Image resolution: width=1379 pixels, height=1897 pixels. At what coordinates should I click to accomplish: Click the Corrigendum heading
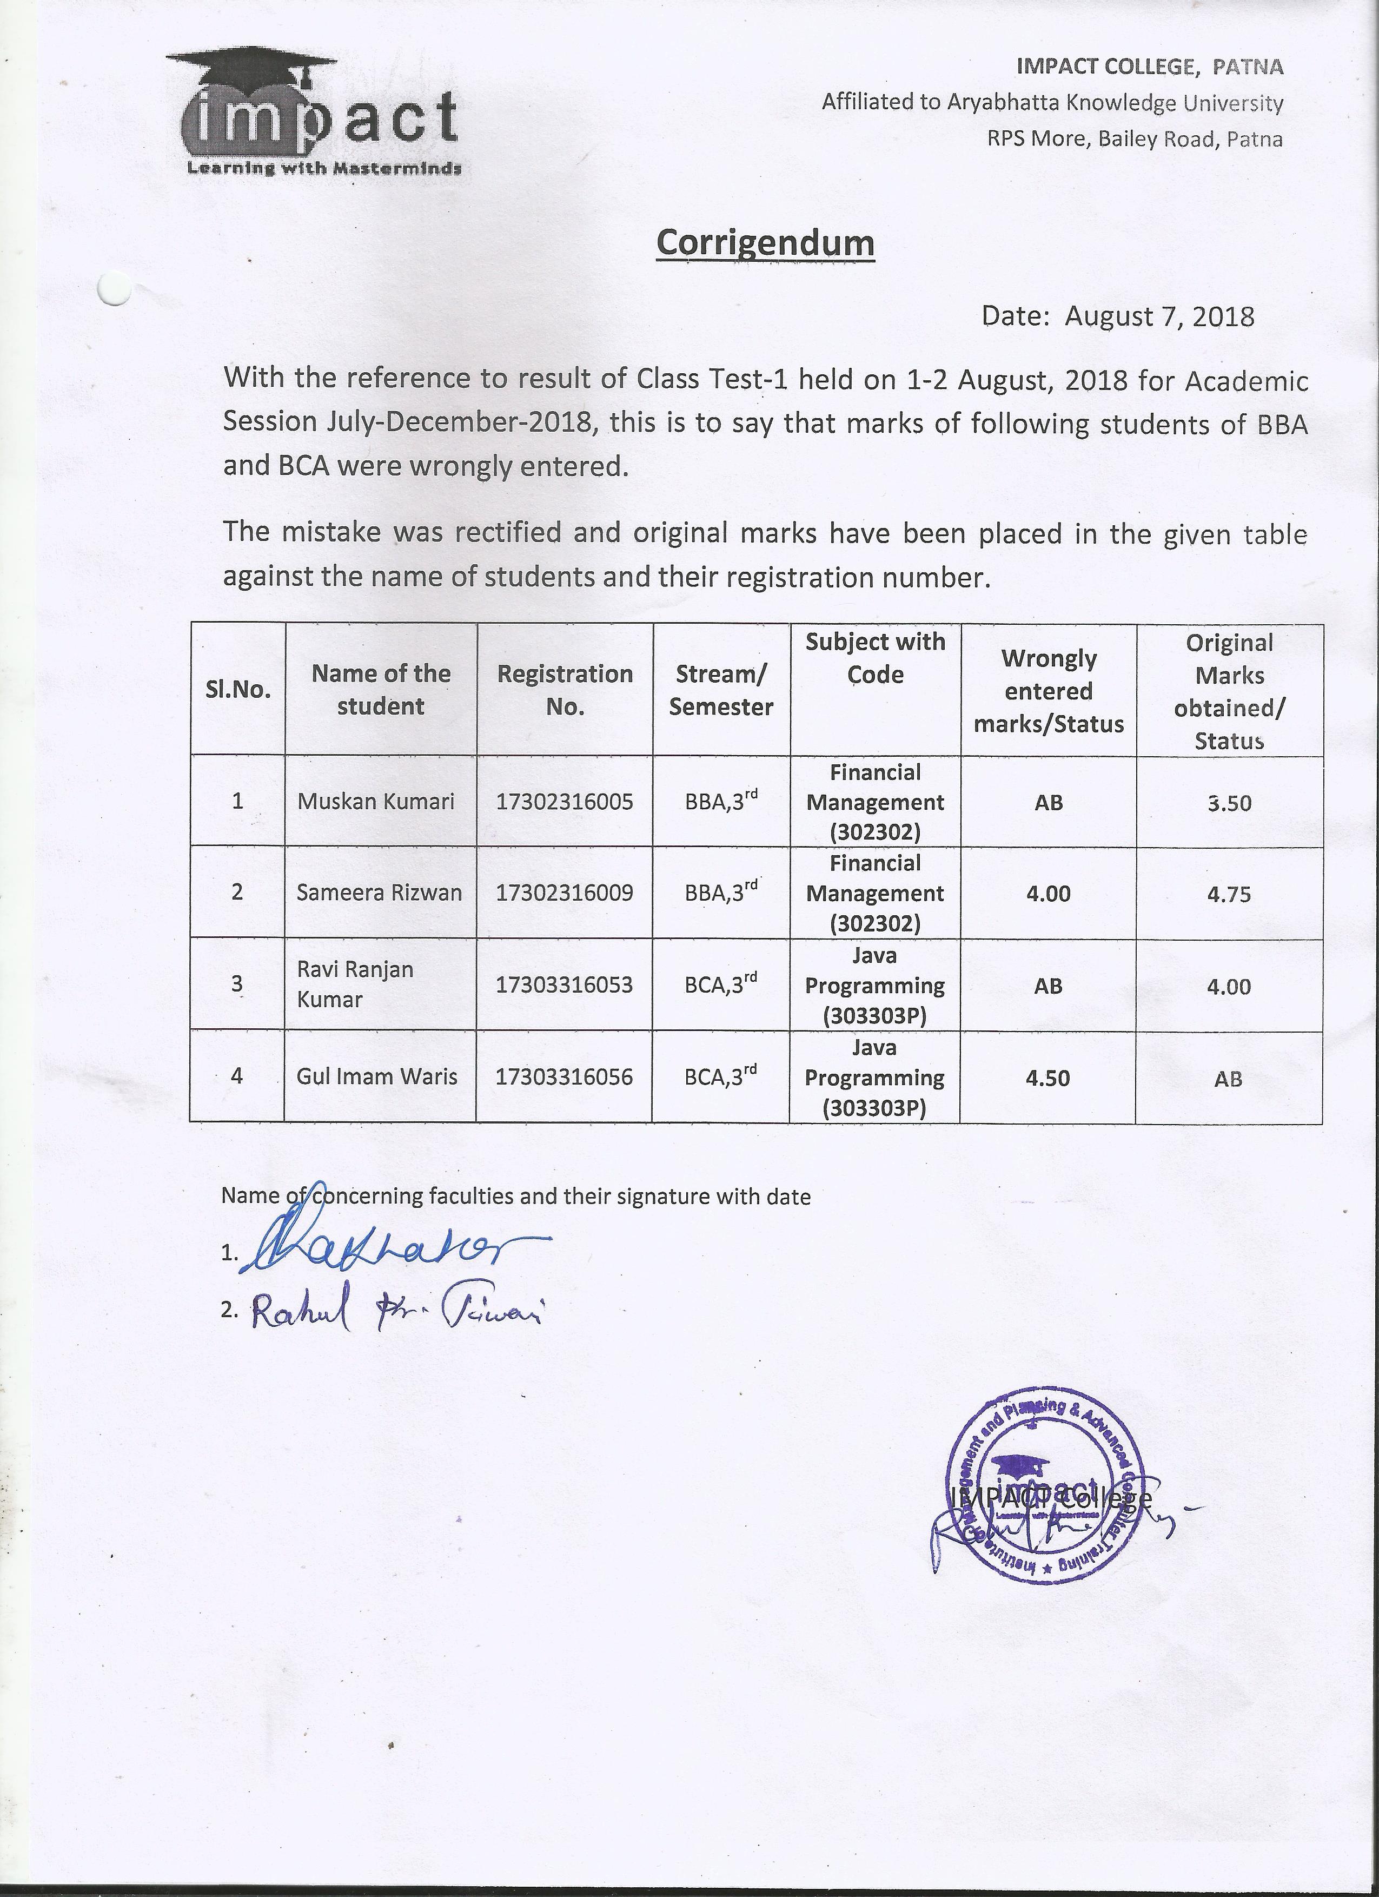(x=765, y=243)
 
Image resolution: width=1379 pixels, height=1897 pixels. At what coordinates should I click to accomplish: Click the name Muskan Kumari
(x=375, y=801)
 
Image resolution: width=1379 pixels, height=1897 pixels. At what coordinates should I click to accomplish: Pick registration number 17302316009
(x=565, y=893)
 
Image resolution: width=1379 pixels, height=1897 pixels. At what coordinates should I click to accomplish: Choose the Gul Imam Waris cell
(x=376, y=1076)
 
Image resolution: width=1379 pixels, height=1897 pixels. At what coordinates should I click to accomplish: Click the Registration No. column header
(x=565, y=690)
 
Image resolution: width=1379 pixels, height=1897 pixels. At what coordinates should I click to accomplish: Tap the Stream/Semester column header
(x=721, y=690)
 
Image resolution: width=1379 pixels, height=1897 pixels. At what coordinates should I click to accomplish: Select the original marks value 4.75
(x=1229, y=894)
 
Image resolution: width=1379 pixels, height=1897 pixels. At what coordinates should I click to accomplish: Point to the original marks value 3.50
(x=1229, y=803)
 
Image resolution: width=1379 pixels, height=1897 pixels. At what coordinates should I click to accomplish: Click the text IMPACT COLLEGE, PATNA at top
(x=1149, y=66)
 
